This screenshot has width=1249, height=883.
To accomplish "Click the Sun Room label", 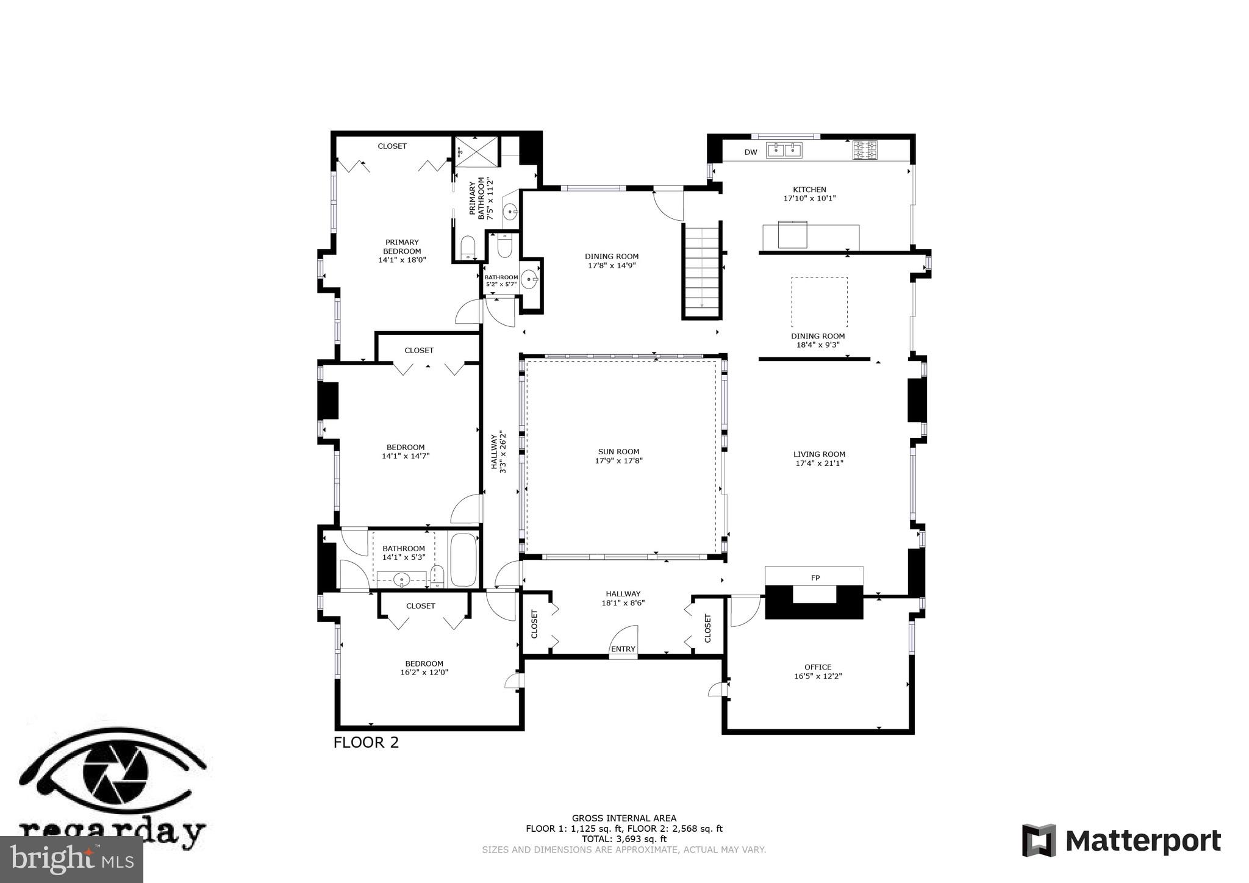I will pos(618,452).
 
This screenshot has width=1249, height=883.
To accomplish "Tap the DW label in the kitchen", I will pos(751,152).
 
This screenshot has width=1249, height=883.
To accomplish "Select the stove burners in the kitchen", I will pos(865,150).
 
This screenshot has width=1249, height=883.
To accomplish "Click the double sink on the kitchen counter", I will pos(784,149).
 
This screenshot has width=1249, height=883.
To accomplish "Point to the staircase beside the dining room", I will pos(702,271).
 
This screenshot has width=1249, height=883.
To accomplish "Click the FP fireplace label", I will pos(815,577).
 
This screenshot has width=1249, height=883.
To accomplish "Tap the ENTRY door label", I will pos(623,649).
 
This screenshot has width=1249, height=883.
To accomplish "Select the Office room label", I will pos(817,667).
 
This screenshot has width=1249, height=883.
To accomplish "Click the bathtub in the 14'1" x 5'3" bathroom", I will pos(463,560).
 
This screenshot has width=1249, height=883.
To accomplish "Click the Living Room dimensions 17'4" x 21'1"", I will pos(819,463).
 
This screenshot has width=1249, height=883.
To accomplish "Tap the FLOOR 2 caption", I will pos(366,743).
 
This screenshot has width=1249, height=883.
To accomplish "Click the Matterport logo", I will pos(1121,841).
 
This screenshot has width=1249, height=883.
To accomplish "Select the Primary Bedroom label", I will pos(402,246).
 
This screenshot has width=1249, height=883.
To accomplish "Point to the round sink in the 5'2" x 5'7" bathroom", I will pos(529,279).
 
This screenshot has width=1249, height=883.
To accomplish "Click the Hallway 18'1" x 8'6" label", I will pos(623,598).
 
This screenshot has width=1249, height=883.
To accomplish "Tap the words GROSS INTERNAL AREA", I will pos(624,818).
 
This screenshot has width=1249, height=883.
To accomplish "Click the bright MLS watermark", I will pos(72,859).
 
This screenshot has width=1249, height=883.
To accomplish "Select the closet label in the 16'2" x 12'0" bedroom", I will pos(421,606).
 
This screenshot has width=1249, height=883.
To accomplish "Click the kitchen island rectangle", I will pos(811,237).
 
